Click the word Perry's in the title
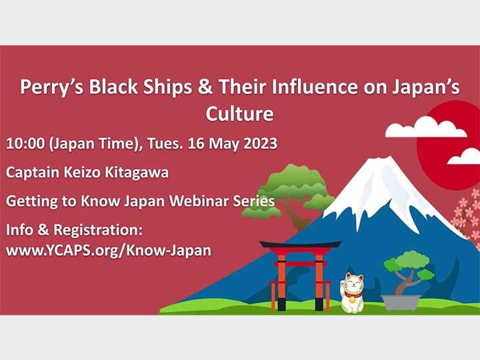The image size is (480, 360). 49,87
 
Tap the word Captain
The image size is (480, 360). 34,172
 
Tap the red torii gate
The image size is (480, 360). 299,273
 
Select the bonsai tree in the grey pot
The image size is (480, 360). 408,270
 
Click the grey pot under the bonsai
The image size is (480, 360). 403,302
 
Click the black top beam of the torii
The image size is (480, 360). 300,245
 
